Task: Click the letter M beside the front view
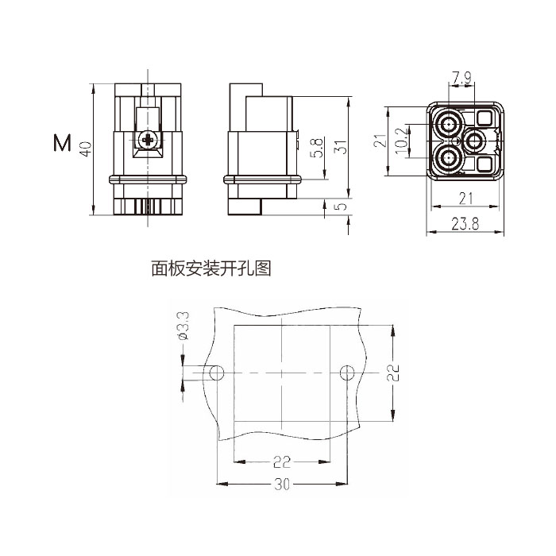[x=62, y=144]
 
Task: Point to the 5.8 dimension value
[x=318, y=148]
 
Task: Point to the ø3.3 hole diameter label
[x=182, y=326]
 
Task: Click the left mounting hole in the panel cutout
[x=215, y=373]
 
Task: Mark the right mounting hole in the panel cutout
[x=346, y=373]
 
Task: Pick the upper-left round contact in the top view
[x=450, y=124]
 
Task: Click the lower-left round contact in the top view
[x=450, y=159]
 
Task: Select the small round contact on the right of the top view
[x=476, y=142]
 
